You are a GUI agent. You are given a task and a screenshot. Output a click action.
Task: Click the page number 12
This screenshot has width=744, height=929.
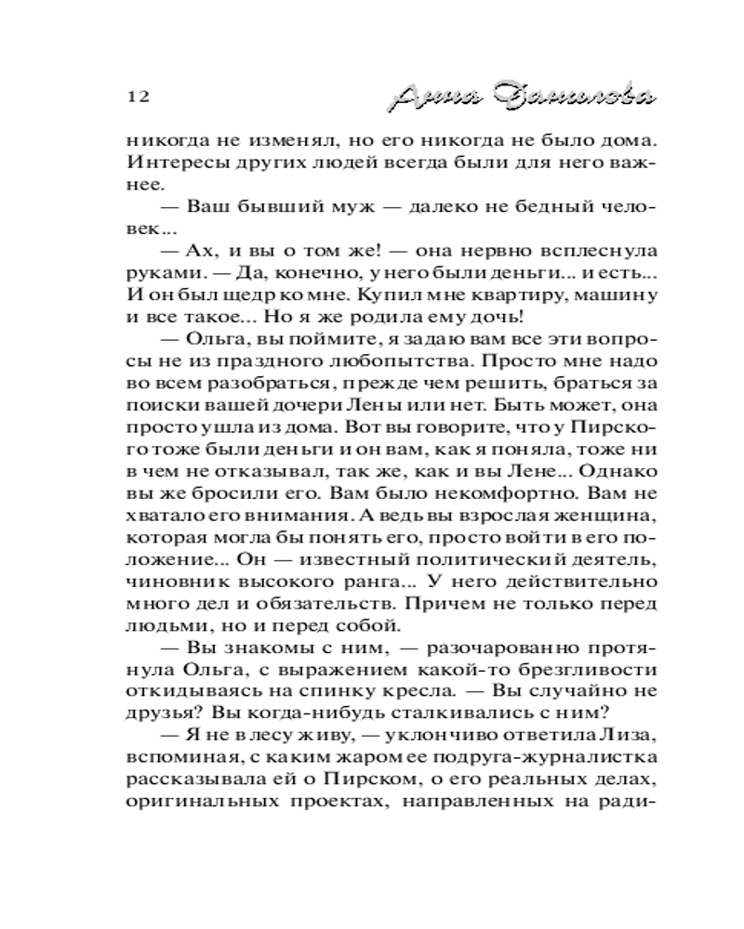click(136, 97)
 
